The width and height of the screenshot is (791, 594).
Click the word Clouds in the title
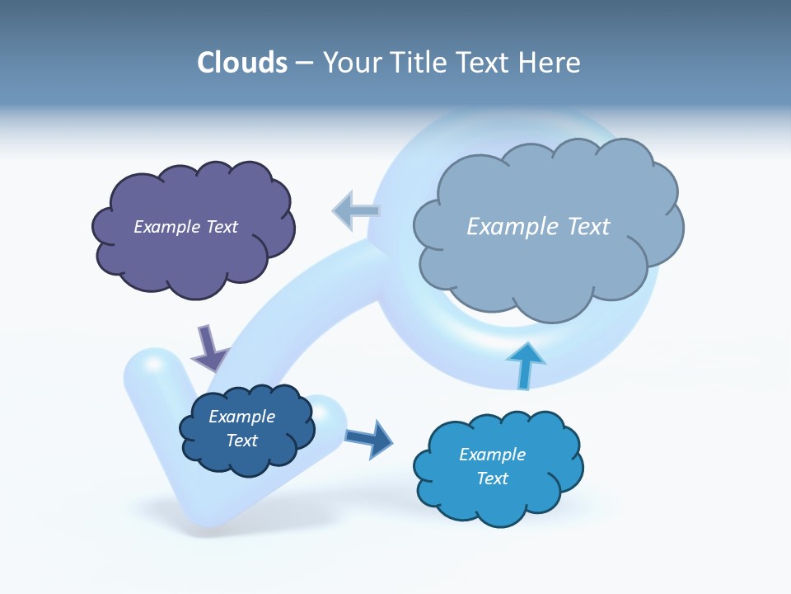(x=242, y=63)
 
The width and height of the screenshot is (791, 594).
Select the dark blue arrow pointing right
(x=369, y=438)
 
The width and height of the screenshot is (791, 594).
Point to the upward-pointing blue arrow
(x=525, y=365)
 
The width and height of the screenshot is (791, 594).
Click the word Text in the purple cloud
(x=222, y=227)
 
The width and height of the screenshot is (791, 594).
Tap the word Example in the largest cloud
(x=513, y=227)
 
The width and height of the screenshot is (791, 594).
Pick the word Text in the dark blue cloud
(x=242, y=441)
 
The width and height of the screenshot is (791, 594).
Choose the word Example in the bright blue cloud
(x=492, y=455)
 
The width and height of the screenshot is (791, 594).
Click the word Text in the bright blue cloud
(x=492, y=478)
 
